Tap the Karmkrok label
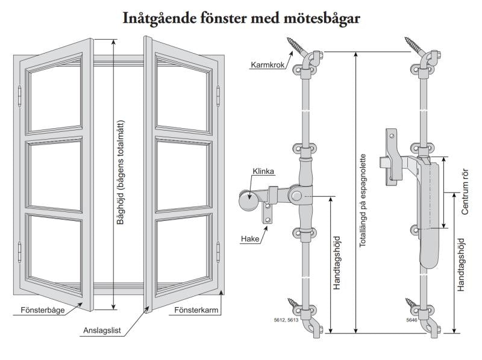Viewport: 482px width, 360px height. pyautogui.click(x=267, y=63)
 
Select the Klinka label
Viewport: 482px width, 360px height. pyautogui.click(x=263, y=172)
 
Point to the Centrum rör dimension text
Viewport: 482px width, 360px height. pyautogui.click(x=465, y=192)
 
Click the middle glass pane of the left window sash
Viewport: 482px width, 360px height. pyautogui.click(x=55, y=173)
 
